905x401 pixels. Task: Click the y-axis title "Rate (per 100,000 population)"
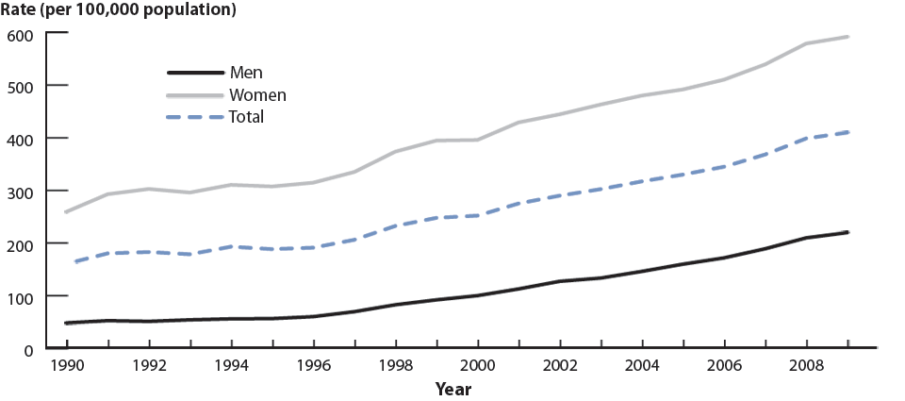(x=119, y=11)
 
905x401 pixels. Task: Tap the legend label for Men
(x=246, y=73)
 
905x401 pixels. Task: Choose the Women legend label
(x=257, y=95)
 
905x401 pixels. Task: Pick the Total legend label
(x=246, y=118)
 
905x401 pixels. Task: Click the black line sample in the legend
(x=195, y=73)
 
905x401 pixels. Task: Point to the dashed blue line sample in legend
(x=195, y=118)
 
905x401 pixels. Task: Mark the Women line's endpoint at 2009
(x=847, y=37)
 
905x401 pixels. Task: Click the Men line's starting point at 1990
(x=65, y=324)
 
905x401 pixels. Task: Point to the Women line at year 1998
(x=395, y=151)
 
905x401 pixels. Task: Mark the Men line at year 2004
(x=642, y=271)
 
